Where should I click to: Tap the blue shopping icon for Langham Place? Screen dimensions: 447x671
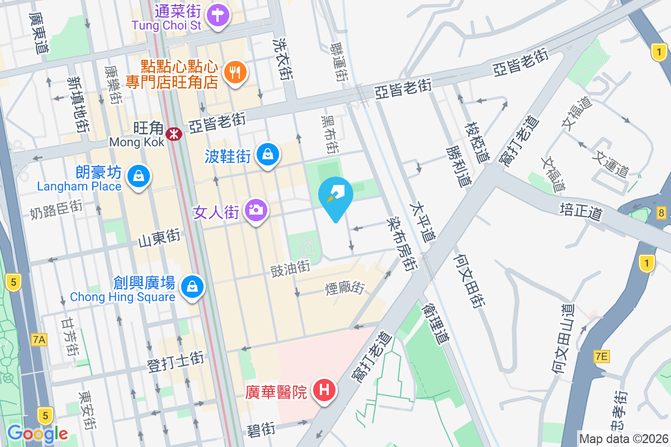[x=137, y=177]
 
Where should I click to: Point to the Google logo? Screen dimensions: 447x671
[x=37, y=433]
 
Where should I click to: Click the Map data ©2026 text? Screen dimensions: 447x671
[x=623, y=439]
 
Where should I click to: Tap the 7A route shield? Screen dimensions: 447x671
[x=39, y=339]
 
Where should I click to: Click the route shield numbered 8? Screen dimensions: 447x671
[x=661, y=212]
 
